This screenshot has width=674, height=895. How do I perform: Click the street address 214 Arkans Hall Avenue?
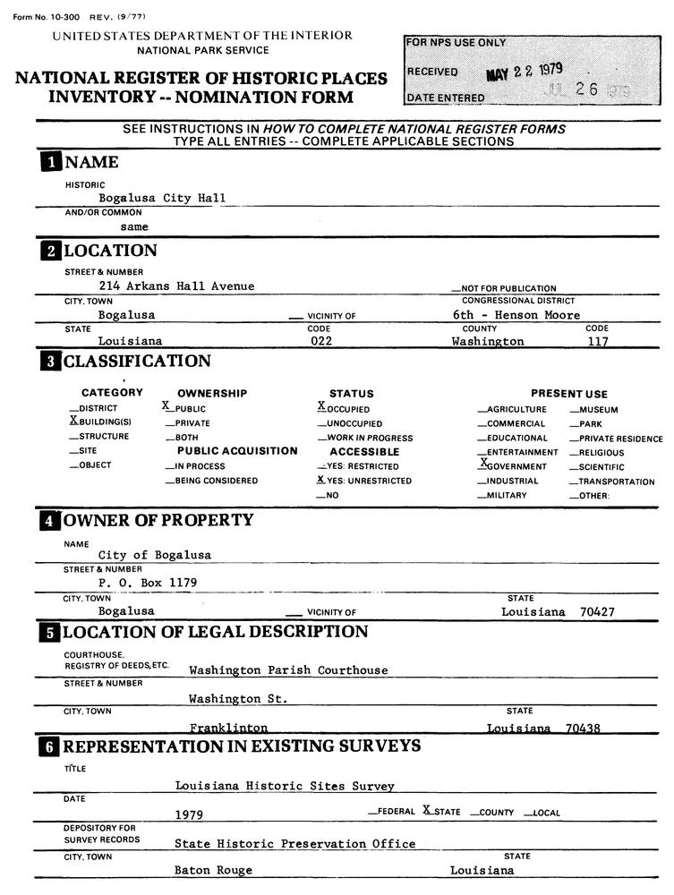tap(176, 286)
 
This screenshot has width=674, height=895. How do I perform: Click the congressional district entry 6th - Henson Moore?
tap(516, 315)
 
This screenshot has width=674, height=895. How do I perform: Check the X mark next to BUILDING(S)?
tap(73, 420)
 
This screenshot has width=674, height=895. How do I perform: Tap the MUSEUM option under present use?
tap(598, 410)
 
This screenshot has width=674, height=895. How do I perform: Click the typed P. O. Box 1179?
tap(148, 582)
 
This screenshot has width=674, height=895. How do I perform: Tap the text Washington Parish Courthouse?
tap(288, 669)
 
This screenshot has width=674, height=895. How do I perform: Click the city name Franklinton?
tap(228, 729)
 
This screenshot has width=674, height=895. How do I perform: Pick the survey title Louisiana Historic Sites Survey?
tap(285, 786)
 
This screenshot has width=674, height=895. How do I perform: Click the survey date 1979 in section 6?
tap(189, 814)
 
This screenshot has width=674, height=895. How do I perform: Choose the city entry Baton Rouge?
tap(213, 870)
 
